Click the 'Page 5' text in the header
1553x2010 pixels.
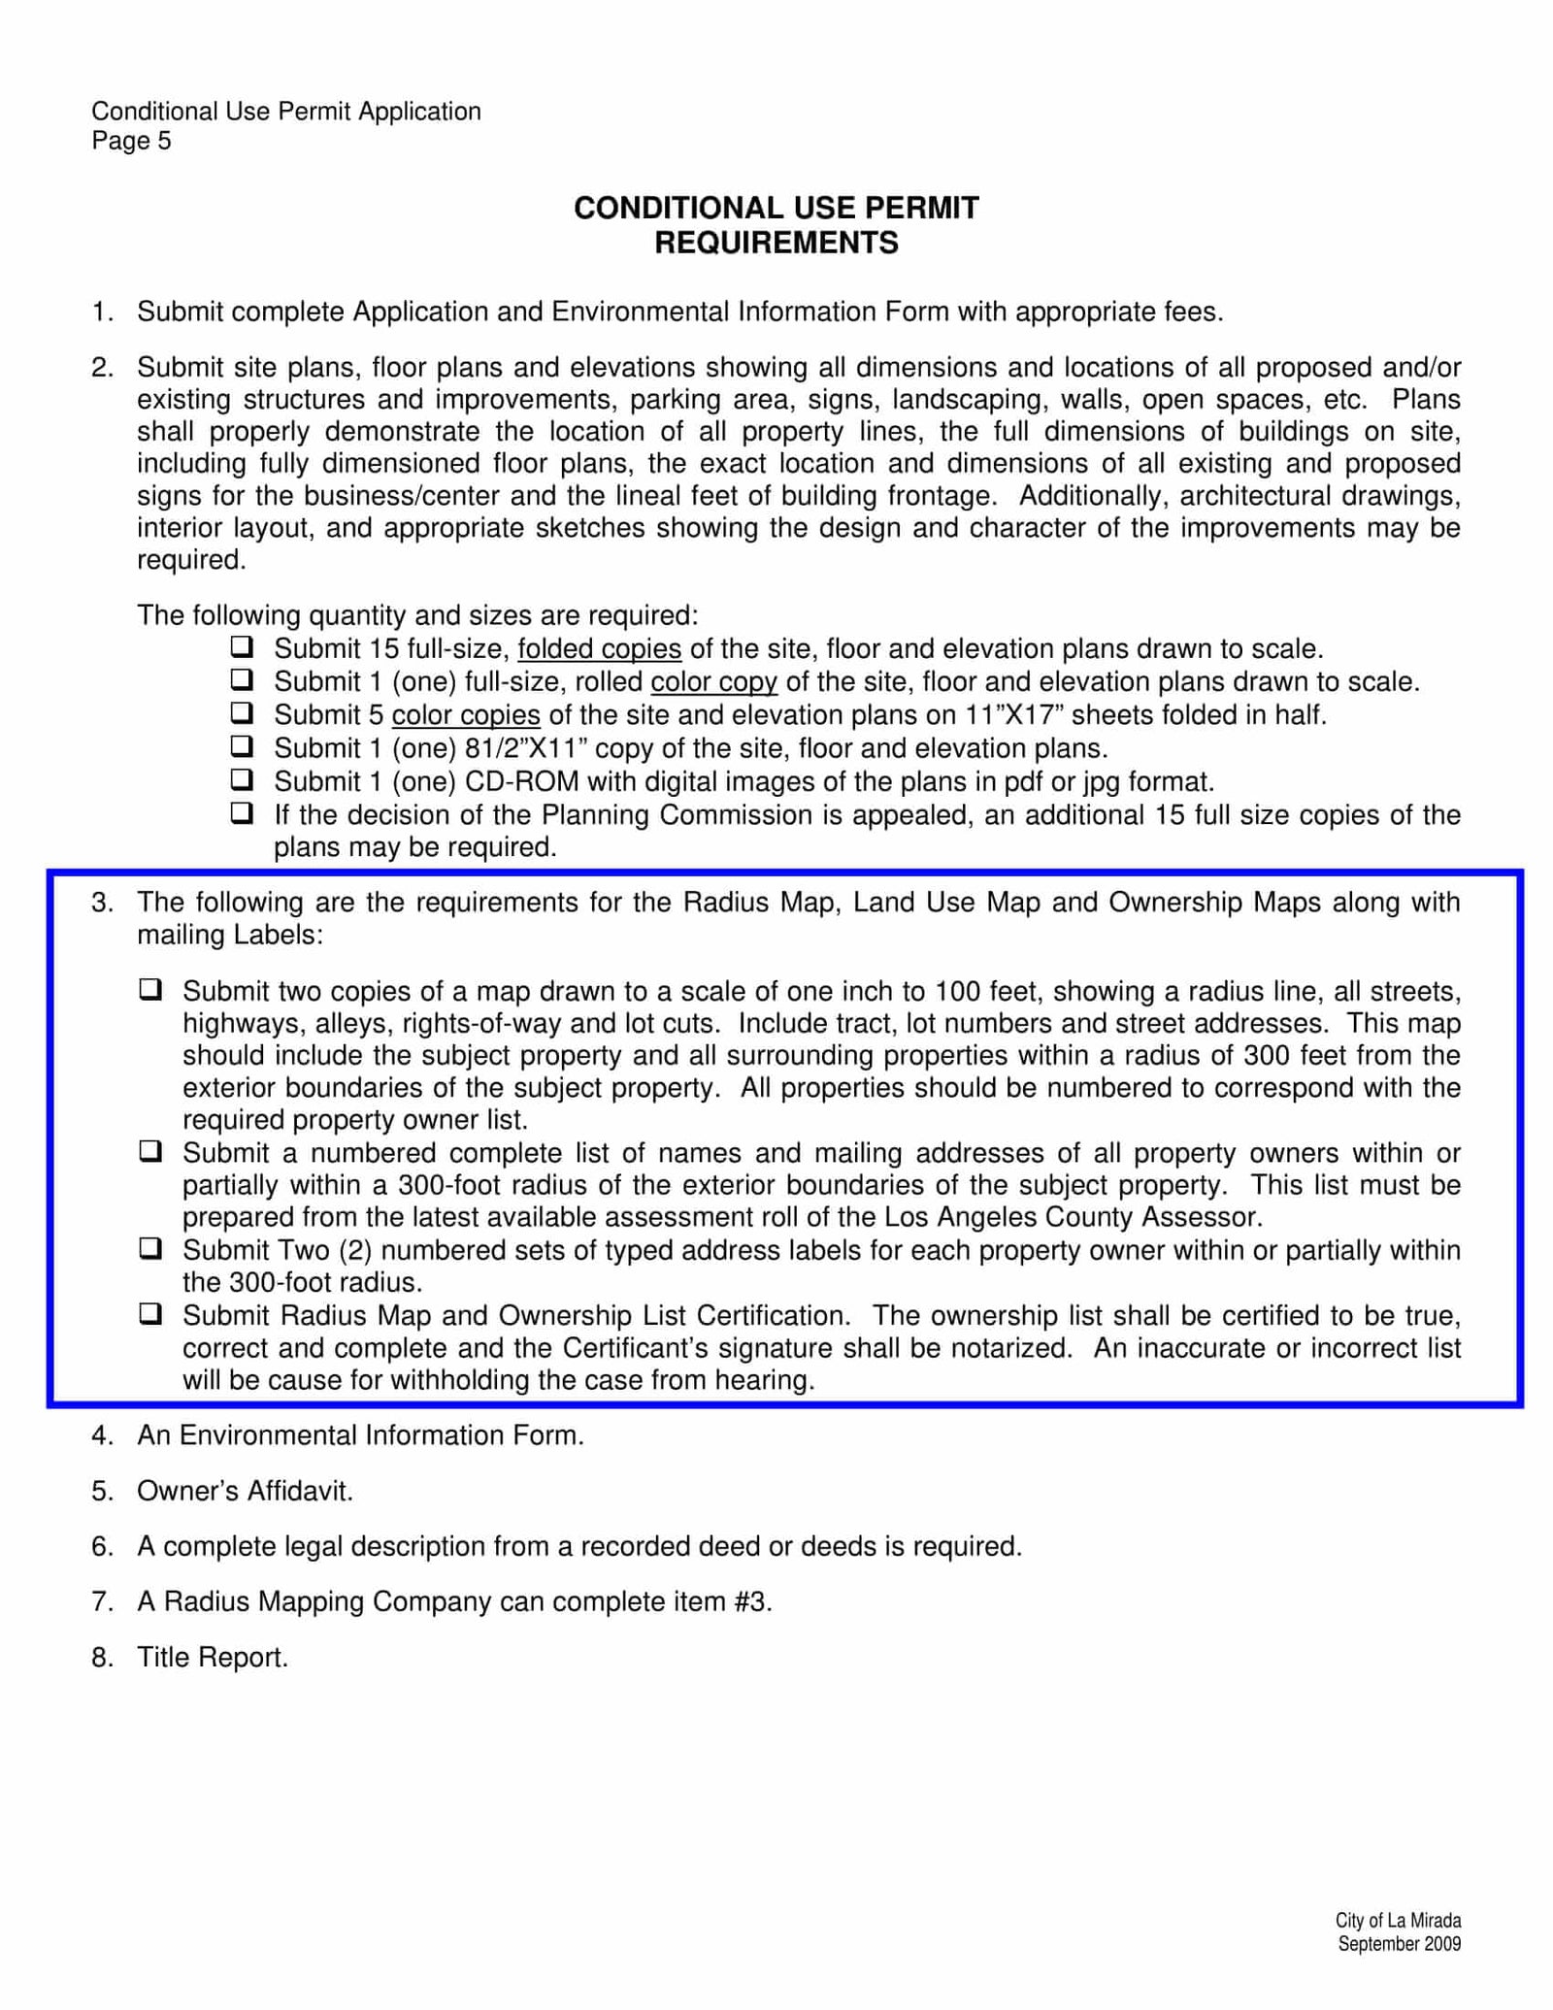pos(131,142)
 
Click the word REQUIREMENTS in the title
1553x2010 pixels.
pos(776,243)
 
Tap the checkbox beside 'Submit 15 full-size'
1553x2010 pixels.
pos(242,646)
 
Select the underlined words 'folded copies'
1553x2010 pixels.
pos(599,649)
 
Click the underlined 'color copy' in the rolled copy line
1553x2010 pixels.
pos(713,682)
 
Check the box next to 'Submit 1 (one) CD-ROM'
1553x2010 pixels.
pos(242,779)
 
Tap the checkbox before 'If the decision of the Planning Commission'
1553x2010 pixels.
pos(242,812)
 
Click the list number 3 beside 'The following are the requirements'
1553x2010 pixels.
pos(102,903)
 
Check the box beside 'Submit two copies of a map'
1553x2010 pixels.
pos(150,990)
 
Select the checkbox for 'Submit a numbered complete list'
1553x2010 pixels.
pos(150,1152)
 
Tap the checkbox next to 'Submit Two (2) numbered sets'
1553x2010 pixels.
pos(150,1248)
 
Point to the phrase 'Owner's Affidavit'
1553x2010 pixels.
pos(245,1491)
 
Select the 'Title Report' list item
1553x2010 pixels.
pos(213,1657)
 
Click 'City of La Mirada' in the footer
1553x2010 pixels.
pos(1398,1920)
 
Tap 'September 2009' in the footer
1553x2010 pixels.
pos(1399,1943)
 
